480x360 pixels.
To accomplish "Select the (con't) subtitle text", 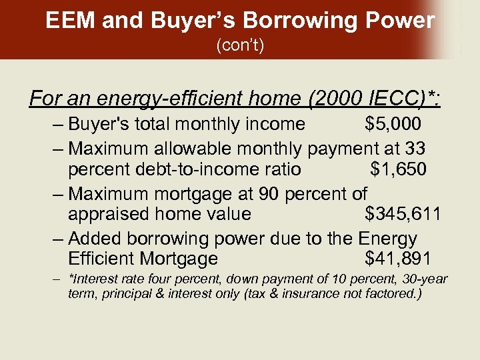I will [240, 47].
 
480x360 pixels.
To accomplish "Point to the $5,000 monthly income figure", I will [393, 124].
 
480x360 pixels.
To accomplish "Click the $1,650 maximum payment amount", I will [398, 169].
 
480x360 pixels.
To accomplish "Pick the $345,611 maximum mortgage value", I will [403, 214].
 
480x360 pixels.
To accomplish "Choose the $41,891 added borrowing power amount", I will [398, 259].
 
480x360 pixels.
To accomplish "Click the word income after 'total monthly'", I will [272, 124].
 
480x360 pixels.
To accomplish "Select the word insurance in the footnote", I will [313, 293].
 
